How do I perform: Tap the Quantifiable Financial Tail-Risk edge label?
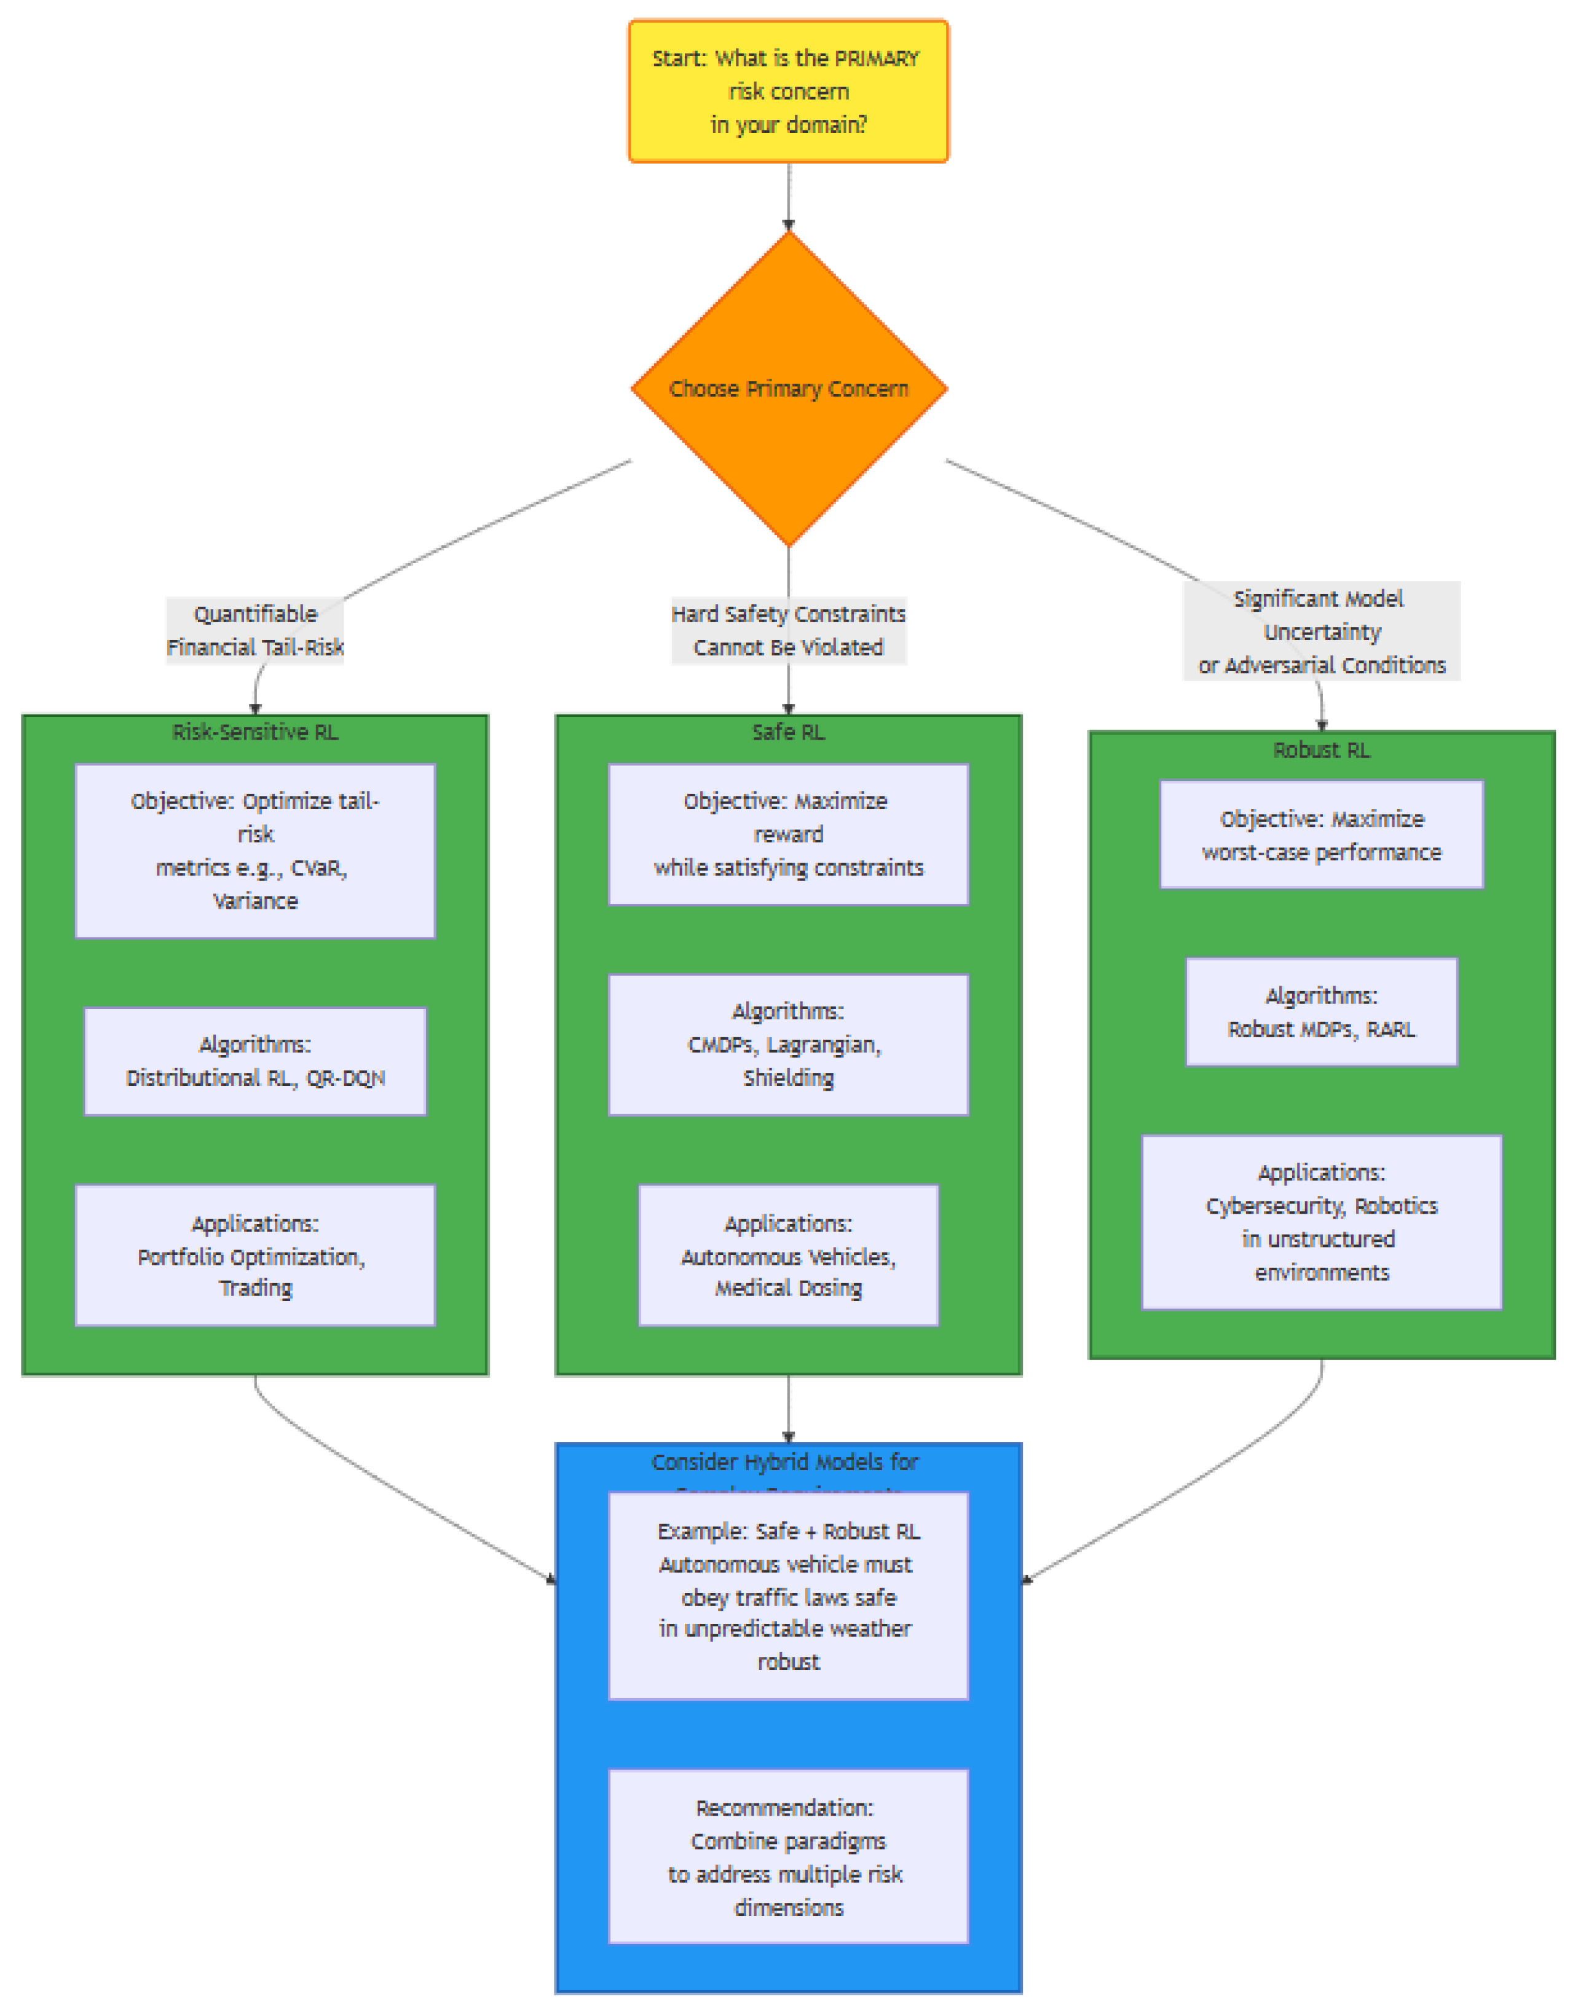[255, 630]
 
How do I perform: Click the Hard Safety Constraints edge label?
[788, 630]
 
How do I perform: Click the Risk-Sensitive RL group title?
[255, 732]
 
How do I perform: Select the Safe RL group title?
[788, 732]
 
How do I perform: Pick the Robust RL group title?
[1321, 749]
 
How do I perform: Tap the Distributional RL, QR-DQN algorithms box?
[255, 1061]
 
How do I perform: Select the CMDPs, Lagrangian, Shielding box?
[788, 1044]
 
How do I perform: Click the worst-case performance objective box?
[1321, 834]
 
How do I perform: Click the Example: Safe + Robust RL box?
[788, 1596]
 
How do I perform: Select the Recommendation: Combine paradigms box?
[788, 1856]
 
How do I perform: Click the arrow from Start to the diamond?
[788, 196]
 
